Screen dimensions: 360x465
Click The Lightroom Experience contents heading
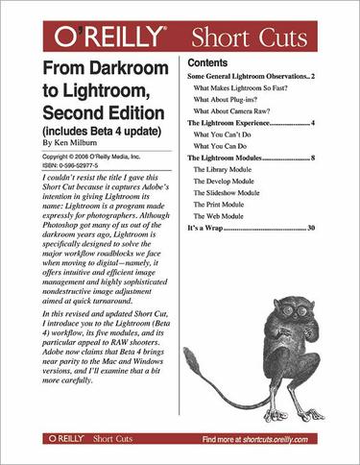tap(241, 124)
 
